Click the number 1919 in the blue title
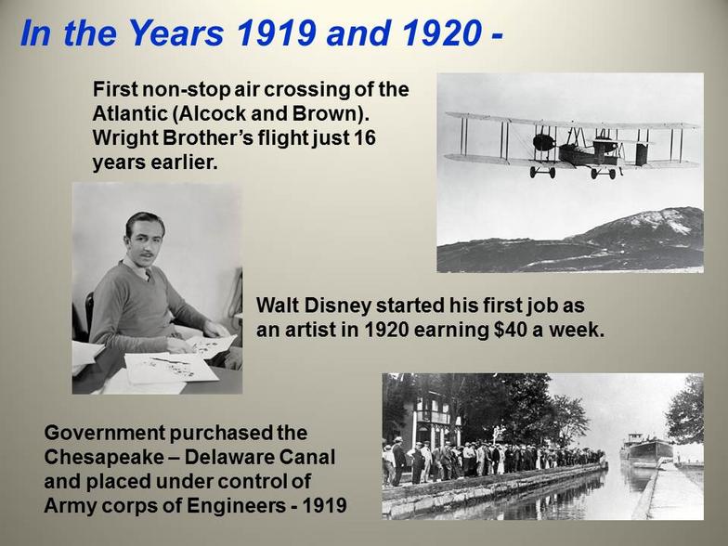pos(277,33)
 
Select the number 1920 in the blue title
pos(441,33)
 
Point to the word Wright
pos(122,138)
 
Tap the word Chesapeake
pos(104,457)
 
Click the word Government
pos(104,433)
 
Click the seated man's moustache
pos(147,254)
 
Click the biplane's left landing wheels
pos(542,173)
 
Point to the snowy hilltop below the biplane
pos(659,218)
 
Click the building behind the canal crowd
pos(429,420)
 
